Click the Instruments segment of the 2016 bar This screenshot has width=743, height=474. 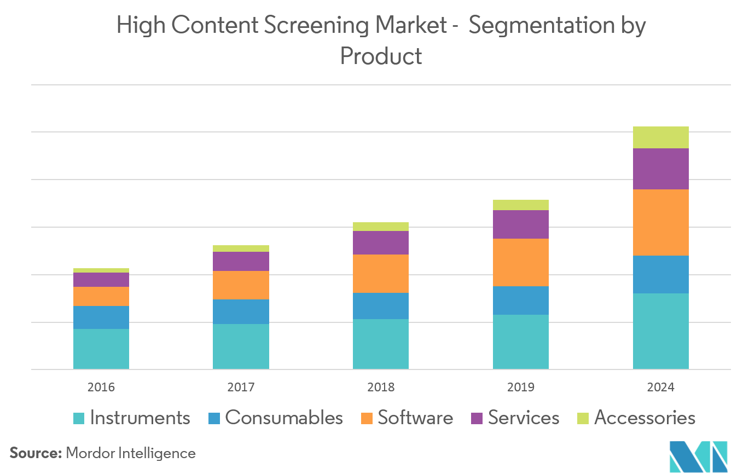click(101, 349)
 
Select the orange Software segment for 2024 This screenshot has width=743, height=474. click(660, 222)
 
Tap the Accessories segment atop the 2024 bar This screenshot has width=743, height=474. click(660, 137)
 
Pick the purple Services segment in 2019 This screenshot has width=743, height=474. click(520, 224)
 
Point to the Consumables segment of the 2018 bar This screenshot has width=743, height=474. click(381, 305)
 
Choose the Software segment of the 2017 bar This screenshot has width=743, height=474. click(241, 285)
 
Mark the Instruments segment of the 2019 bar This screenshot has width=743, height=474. click(520, 342)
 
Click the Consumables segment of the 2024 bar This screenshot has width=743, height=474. click(660, 274)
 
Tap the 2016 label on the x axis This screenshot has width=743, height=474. click(101, 388)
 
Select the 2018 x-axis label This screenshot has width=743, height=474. click(381, 388)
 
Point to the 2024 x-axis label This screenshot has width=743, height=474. click(660, 388)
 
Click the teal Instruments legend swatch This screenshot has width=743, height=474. click(79, 418)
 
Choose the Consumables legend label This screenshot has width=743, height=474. click(283, 418)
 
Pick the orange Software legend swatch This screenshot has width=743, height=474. click(367, 418)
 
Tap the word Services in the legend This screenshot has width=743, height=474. click(524, 418)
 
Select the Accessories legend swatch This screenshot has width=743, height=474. click(583, 418)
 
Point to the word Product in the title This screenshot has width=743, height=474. click(381, 56)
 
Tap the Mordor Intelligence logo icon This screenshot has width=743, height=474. click(698, 456)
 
